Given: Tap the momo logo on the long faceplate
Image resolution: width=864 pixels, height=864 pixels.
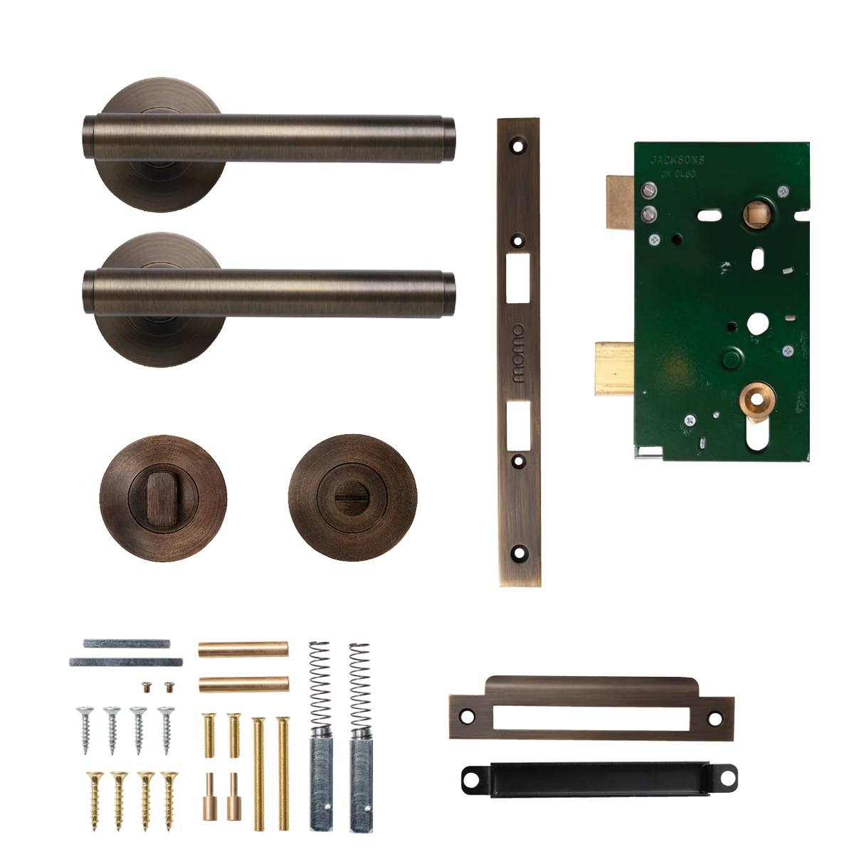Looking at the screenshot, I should click(517, 354).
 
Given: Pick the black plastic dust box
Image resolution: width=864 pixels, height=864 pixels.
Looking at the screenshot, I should click(596, 780).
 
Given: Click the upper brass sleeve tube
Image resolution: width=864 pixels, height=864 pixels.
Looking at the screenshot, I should click(243, 650).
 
